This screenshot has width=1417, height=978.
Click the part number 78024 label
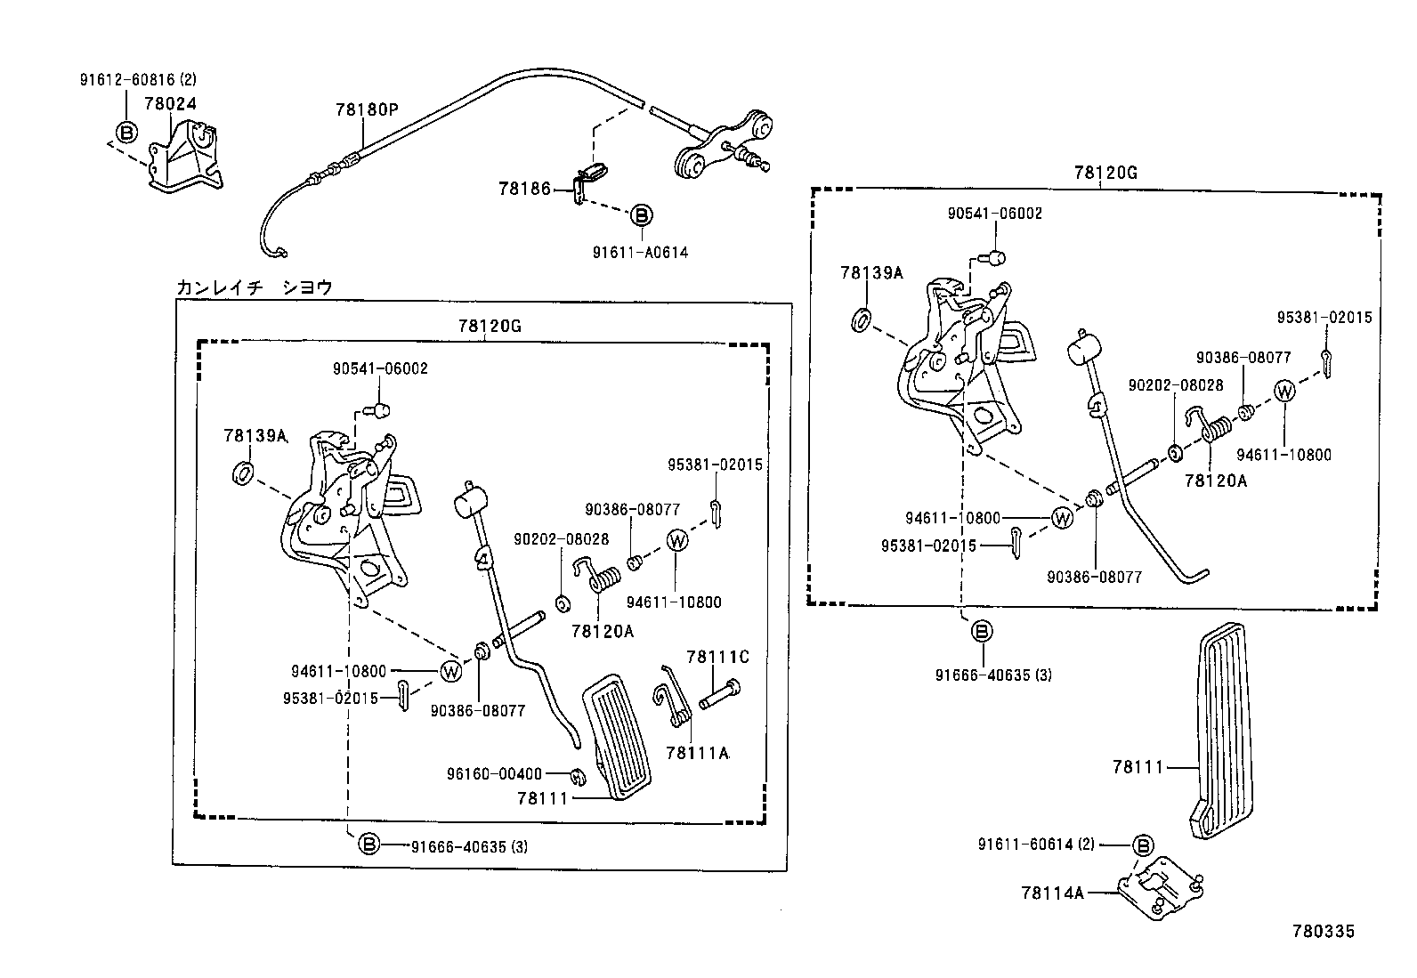170,104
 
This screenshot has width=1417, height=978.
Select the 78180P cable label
366,110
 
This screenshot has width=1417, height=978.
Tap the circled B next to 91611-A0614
641,215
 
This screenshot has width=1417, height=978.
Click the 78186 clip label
524,189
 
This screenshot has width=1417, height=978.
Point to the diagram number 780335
1323,931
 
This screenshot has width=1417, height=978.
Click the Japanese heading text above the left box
254,287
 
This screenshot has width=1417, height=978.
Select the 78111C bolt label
717,658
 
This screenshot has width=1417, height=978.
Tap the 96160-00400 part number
494,773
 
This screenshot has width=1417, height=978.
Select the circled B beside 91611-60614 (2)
1144,845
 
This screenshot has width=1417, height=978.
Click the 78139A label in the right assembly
870,272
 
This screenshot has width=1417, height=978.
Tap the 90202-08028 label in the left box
561,539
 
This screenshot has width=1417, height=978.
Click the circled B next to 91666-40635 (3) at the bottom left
369,845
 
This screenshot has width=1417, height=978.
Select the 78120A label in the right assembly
1215,481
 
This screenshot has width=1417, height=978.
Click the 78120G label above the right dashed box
1105,173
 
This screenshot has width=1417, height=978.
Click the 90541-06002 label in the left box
380,368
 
